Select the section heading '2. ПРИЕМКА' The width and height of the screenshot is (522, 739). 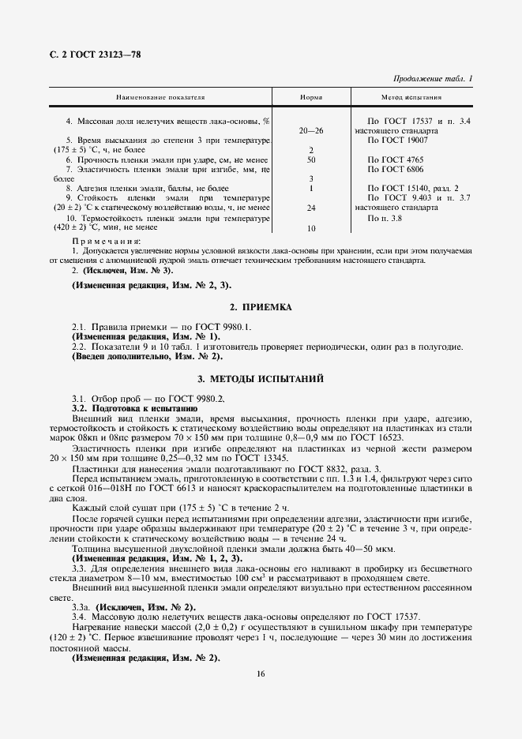point(261,306)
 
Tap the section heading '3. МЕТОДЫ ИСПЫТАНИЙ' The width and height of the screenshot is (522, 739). point(261,379)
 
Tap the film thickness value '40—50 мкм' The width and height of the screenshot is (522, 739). point(376,548)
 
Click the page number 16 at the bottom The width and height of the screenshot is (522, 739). point(261,673)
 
